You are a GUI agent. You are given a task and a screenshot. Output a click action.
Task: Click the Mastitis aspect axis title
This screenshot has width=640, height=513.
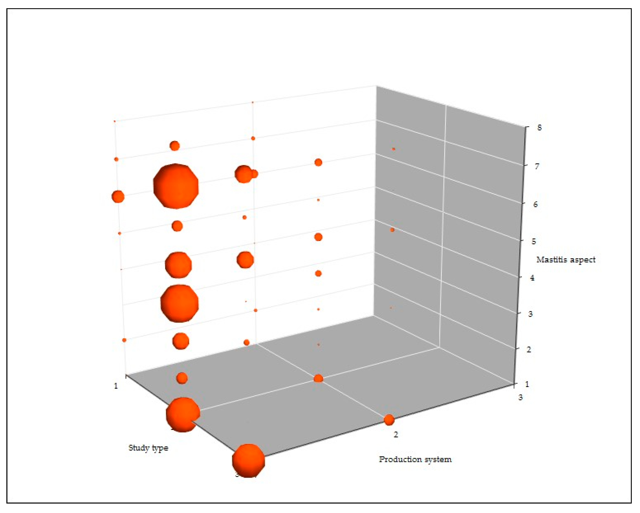[566, 260]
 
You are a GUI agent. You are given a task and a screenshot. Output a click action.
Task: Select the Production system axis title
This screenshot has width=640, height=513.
[415, 459]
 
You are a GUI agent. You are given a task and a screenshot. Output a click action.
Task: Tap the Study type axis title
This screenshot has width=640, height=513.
[148, 448]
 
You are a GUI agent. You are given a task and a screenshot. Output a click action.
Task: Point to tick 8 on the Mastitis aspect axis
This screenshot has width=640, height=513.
[539, 127]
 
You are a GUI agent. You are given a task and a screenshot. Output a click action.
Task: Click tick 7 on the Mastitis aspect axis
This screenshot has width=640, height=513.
[537, 166]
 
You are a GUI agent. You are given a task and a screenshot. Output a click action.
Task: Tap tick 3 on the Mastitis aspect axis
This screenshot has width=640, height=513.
[530, 314]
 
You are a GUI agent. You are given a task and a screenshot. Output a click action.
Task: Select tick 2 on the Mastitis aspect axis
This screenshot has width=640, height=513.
[528, 349]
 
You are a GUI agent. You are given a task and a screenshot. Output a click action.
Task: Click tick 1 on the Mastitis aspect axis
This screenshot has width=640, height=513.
[527, 384]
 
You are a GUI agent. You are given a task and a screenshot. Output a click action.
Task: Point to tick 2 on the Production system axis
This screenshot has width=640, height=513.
[396, 434]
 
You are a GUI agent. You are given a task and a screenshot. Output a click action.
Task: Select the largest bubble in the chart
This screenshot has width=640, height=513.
[176, 186]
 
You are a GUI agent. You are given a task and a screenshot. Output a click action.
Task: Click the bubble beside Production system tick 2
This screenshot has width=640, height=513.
[389, 420]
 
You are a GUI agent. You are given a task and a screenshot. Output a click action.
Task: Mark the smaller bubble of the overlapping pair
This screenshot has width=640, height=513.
[254, 174]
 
